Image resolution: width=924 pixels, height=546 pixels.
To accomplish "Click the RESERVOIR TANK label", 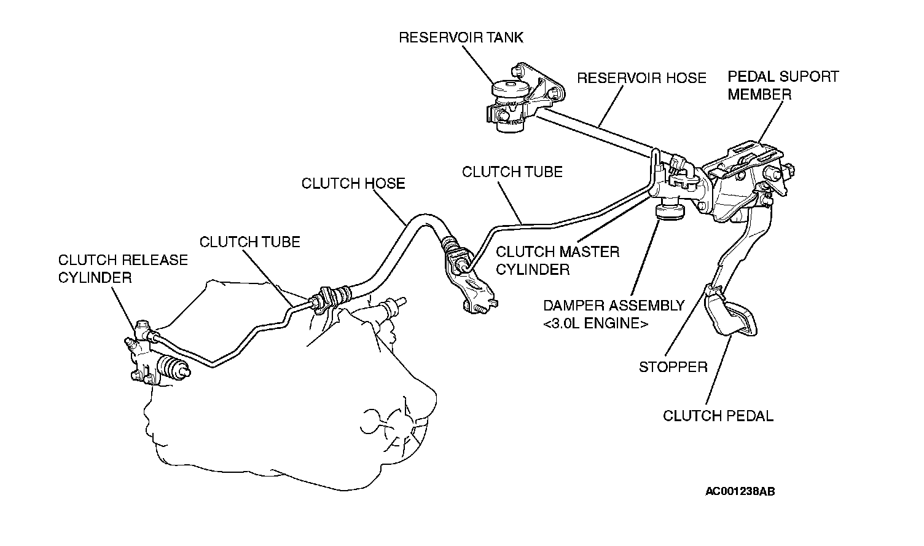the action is [461, 38].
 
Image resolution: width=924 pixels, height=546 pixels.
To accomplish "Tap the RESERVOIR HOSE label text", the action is [641, 78].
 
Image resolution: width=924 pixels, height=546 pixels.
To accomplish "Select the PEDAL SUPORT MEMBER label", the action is [783, 85].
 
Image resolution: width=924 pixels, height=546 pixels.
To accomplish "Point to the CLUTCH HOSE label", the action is [353, 183].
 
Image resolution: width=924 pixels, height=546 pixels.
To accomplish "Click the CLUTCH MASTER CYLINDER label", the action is [557, 261].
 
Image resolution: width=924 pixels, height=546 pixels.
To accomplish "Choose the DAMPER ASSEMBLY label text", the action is [614, 306].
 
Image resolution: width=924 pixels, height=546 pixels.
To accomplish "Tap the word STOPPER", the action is [673, 367].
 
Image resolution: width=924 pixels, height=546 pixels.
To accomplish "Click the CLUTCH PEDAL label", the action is [718, 416].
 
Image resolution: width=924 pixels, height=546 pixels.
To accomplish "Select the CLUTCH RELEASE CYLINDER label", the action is [123, 269].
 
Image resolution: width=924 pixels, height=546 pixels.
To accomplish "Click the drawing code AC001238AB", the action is [740, 491].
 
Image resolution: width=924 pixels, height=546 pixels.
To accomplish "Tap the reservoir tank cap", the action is [511, 89].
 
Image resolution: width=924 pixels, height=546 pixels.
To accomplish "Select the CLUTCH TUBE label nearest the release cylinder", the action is [249, 242].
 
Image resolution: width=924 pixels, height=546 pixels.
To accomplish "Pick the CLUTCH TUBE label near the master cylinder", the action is [512, 172].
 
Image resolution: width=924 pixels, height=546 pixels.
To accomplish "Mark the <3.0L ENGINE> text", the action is [596, 323].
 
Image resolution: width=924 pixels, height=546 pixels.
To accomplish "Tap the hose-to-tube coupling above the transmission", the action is [330, 298].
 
